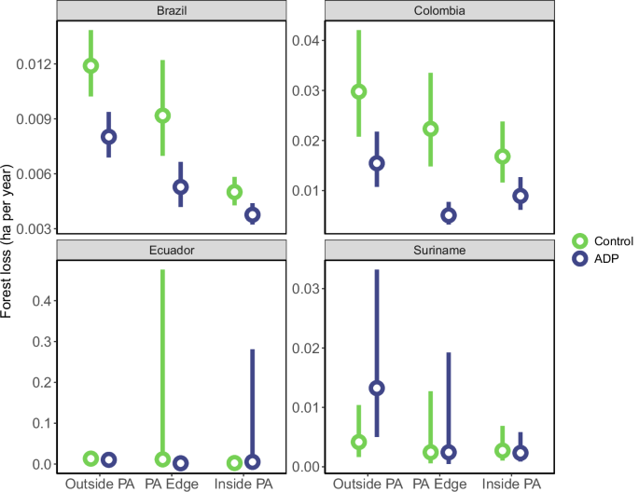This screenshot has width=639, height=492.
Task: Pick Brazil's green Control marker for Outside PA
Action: pyautogui.click(x=90, y=65)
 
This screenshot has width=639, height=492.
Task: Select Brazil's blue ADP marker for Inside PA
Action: pyautogui.click(x=252, y=214)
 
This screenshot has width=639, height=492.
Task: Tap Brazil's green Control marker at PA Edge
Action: pyautogui.click(x=162, y=116)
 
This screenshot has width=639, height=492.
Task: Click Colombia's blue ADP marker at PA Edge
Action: pyautogui.click(x=449, y=215)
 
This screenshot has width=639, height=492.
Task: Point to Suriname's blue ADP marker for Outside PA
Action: pyautogui.click(x=377, y=388)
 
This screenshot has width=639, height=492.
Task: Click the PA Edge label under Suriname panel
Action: pyautogui.click(x=439, y=484)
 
